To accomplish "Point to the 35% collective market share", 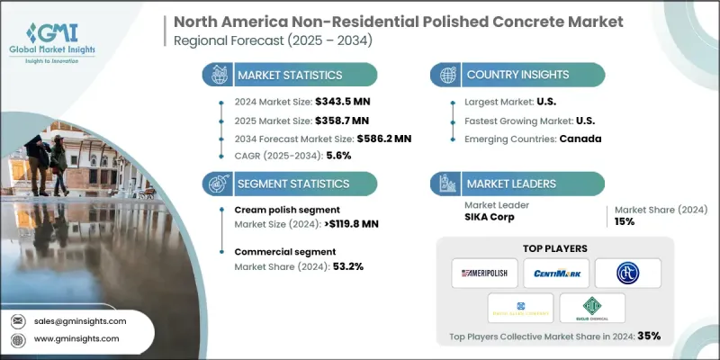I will pos(649,337).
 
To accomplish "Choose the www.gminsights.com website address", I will pos(76,338).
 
